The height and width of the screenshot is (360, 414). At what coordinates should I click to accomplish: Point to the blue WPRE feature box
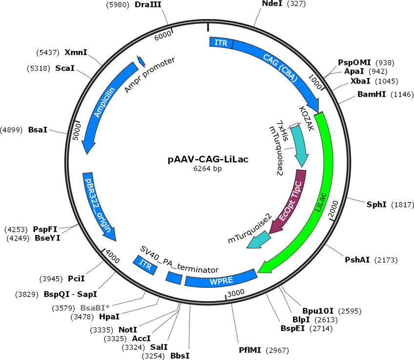point(221,280)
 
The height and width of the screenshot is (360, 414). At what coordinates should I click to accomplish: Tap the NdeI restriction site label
point(272,4)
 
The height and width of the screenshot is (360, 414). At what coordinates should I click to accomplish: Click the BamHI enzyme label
point(373,94)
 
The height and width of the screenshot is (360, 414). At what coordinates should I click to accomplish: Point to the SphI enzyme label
point(376,204)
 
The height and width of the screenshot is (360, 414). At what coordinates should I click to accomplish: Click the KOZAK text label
point(306,118)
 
